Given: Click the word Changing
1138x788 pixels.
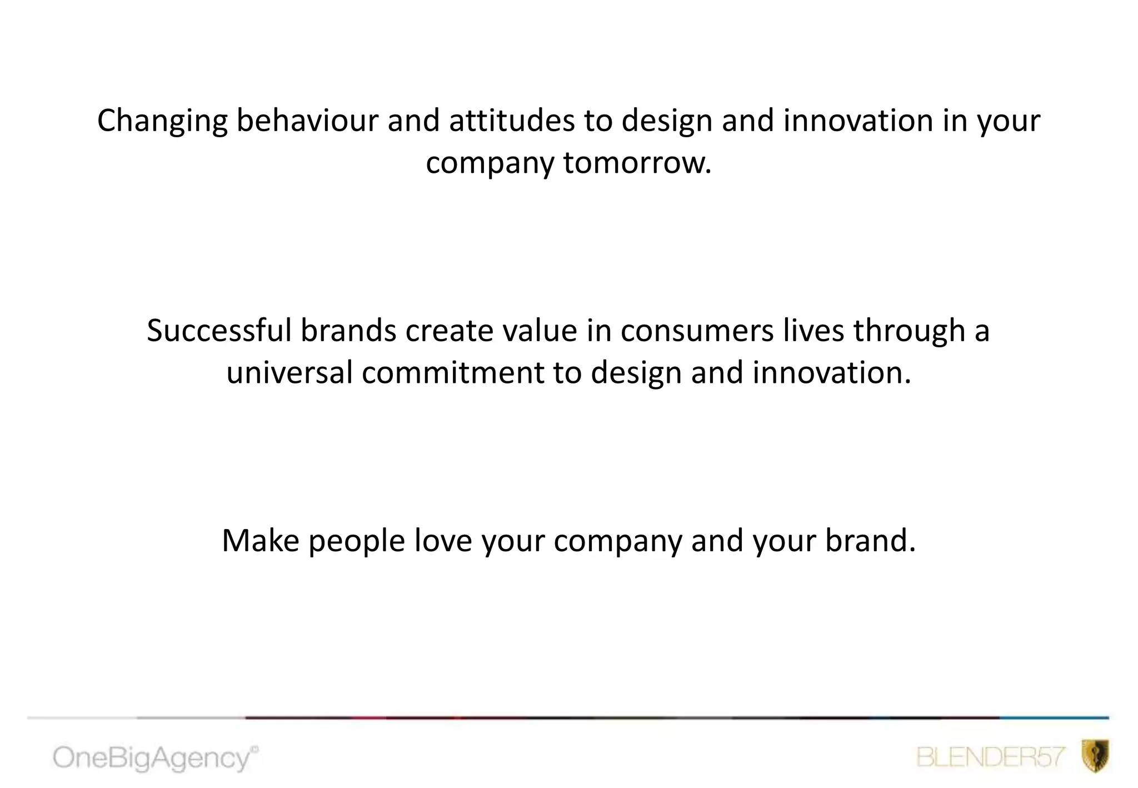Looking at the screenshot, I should [x=162, y=121].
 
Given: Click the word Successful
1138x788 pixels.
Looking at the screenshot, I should [x=219, y=331].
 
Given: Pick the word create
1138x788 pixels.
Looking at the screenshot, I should [x=449, y=331].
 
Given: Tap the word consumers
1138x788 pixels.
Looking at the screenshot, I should [x=697, y=331].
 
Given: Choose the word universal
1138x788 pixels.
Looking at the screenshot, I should [x=289, y=372].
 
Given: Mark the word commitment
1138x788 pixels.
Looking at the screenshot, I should [x=452, y=372].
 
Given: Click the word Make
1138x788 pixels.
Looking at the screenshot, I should [x=260, y=541].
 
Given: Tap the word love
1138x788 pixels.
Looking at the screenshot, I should [x=443, y=541].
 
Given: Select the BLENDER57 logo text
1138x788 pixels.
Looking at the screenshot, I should [x=990, y=757].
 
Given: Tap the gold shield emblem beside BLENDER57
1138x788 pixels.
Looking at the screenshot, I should [x=1095, y=756].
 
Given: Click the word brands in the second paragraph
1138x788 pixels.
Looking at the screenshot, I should [x=348, y=331].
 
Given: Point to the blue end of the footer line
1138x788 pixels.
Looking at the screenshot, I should [x=1056, y=718].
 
